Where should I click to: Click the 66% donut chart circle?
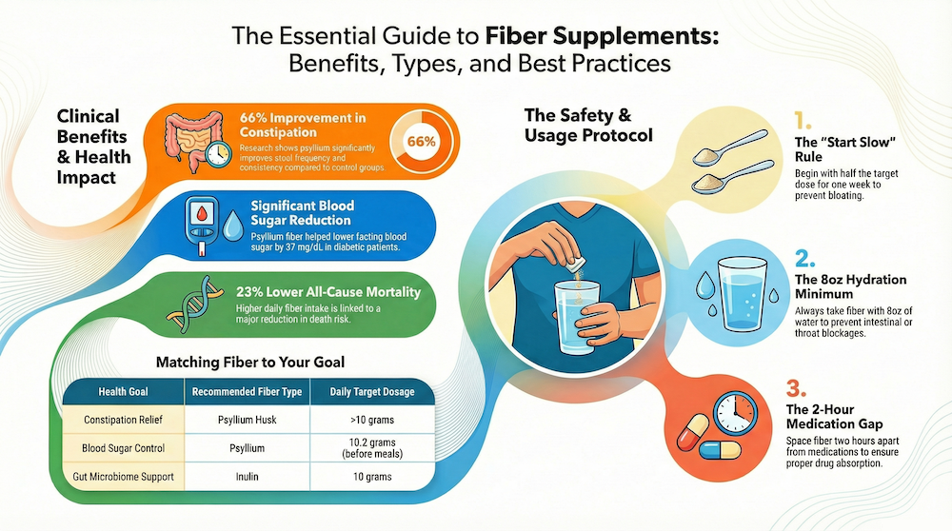[x=420, y=142]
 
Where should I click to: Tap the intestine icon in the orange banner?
[x=192, y=142]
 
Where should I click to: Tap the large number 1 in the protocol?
[x=802, y=122]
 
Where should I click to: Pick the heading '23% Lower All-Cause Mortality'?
[x=327, y=291]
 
